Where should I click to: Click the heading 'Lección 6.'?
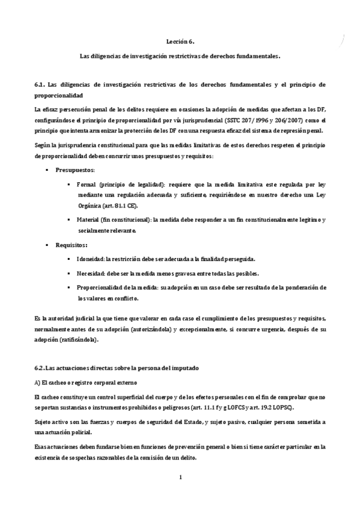(180, 41)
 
